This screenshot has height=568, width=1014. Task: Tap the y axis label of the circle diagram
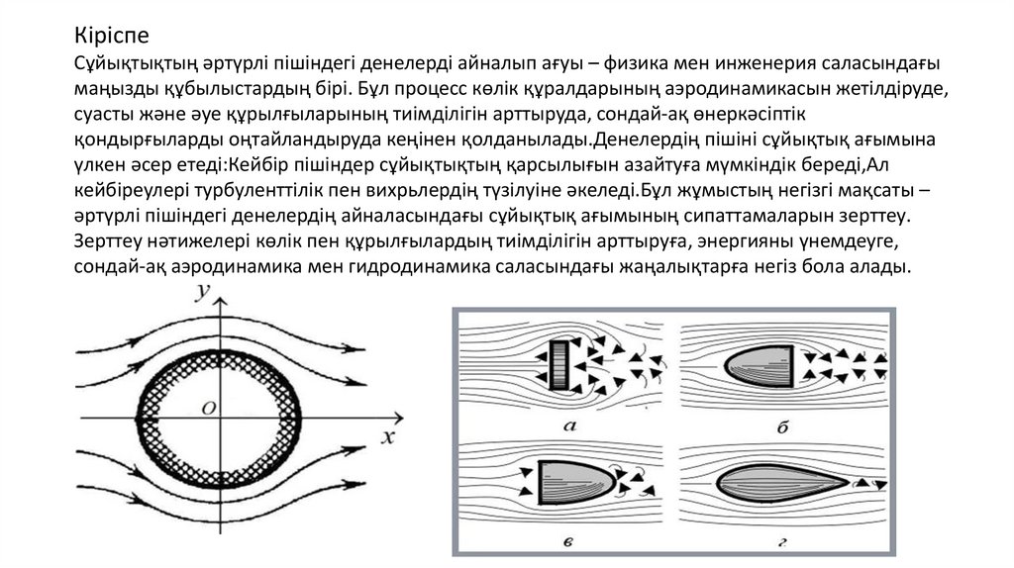tap(202, 291)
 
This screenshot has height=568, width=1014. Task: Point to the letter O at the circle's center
tap(206, 408)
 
